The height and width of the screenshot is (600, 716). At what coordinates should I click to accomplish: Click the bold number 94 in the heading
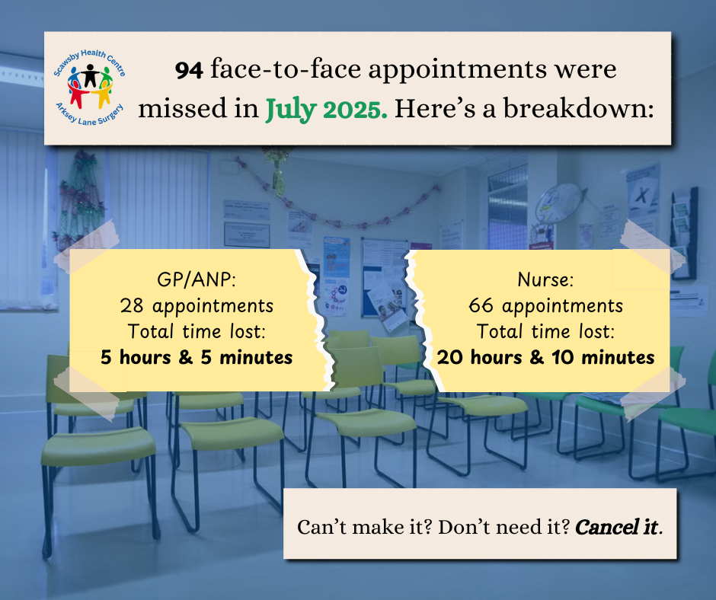189,70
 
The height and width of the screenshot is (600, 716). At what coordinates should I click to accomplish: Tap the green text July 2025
327,110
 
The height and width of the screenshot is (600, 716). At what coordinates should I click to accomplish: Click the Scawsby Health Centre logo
90,88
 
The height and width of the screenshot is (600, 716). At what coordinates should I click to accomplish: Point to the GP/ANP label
197,279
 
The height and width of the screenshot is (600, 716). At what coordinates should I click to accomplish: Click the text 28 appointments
197,306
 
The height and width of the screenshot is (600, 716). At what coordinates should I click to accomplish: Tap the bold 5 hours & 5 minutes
197,358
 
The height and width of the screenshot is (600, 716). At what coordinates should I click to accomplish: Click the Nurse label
545,279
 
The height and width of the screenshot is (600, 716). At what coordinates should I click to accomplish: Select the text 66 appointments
545,306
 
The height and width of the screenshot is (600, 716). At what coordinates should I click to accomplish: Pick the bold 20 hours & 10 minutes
545,358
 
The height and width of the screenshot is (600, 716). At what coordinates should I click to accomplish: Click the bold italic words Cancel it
619,528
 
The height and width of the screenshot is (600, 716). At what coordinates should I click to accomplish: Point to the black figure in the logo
90,75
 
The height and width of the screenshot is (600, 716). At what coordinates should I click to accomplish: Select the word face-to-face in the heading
286,69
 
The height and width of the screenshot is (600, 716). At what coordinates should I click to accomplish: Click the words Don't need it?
504,528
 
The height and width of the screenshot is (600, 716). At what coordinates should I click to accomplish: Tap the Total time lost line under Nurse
545,331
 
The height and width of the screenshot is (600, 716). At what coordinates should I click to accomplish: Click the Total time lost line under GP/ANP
197,331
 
